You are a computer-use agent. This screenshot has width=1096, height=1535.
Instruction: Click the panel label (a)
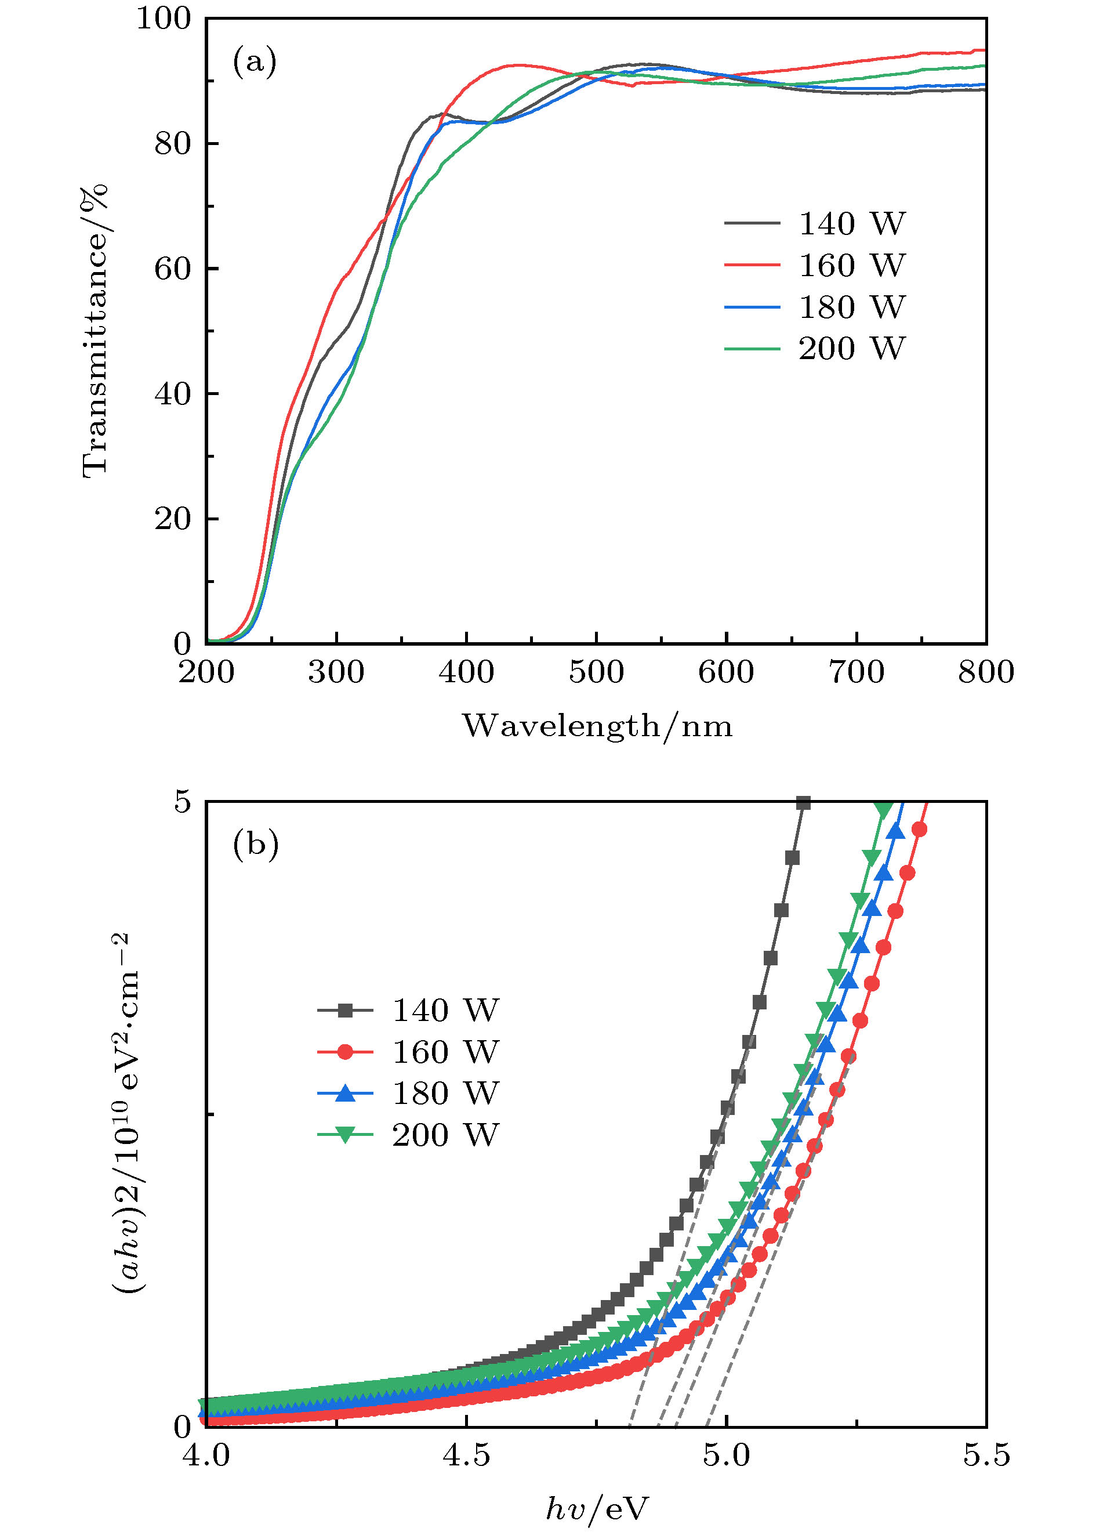click(255, 61)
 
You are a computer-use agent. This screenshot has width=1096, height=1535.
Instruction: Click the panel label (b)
click(255, 843)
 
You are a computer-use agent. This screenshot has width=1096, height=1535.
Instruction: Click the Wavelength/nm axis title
click(597, 726)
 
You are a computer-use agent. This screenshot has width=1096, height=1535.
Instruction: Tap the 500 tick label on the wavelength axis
click(596, 672)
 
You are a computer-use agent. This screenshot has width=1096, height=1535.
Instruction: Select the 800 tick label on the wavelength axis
click(985, 672)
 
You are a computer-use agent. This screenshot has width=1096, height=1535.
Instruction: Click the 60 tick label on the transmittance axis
click(173, 269)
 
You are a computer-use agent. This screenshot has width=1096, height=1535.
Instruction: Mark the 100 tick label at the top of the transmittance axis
click(164, 19)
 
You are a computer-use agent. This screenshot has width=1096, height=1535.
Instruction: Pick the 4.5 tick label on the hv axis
click(466, 1456)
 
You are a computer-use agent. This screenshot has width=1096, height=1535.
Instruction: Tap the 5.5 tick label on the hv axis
click(986, 1456)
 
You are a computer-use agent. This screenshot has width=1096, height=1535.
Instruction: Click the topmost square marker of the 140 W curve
click(803, 803)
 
